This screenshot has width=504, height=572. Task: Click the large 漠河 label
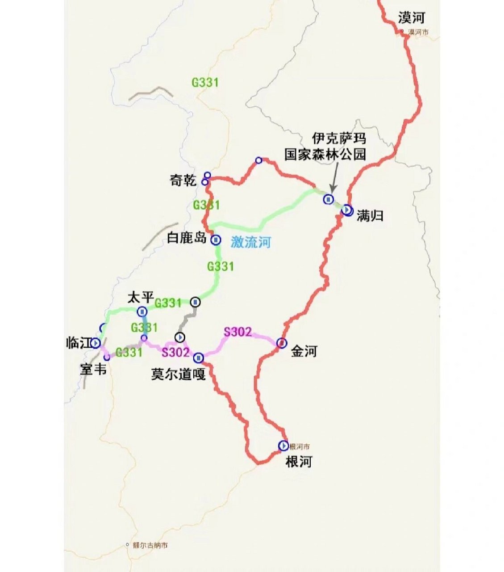[x=411, y=18]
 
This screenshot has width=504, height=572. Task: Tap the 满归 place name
[x=370, y=216]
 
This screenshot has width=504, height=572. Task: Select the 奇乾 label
[x=183, y=181]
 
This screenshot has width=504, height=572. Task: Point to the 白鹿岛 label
[x=187, y=238]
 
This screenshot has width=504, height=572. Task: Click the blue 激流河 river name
[x=250, y=242]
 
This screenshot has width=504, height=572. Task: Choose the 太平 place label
[x=141, y=297]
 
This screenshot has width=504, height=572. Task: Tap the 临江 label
[x=78, y=343]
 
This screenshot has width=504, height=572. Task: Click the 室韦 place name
[x=93, y=370]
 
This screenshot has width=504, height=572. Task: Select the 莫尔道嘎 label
[x=178, y=374]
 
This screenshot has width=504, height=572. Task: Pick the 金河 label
[x=304, y=352]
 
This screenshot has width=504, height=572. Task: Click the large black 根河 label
[x=298, y=462]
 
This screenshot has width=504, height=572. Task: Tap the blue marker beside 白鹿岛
[x=216, y=240]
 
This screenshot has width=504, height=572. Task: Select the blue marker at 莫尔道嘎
[x=199, y=358]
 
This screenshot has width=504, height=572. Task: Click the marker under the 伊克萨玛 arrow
[x=329, y=199]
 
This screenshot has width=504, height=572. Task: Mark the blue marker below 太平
[x=142, y=311]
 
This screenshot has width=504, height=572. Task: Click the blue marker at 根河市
[x=283, y=446]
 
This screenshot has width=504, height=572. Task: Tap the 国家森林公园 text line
[x=325, y=155]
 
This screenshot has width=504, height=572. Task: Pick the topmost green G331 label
[x=205, y=83]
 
